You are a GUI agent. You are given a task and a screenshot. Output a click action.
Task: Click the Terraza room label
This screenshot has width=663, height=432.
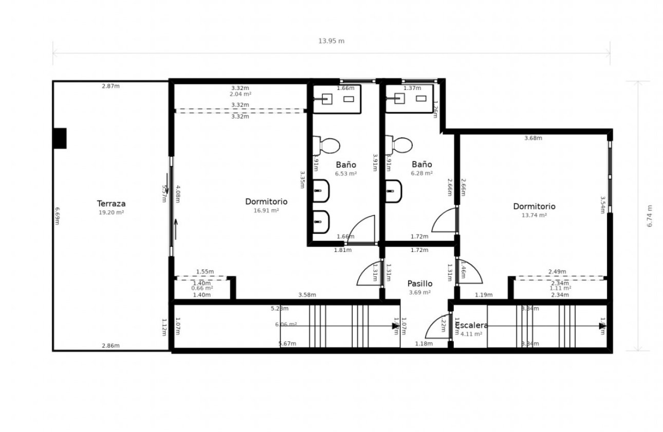(111, 204)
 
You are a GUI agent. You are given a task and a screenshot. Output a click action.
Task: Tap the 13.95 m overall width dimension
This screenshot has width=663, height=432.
(331, 41)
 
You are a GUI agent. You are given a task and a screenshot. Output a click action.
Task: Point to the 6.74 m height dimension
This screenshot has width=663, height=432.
(650, 216)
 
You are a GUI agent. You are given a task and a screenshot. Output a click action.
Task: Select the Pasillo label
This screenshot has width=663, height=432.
(420, 283)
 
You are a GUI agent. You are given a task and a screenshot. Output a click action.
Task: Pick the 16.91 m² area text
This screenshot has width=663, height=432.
(266, 210)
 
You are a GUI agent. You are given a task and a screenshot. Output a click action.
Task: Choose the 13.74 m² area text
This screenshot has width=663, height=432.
(534, 215)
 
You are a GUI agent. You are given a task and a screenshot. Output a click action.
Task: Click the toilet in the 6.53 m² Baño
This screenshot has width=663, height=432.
(327, 145)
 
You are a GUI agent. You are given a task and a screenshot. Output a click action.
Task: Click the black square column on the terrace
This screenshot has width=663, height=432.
(60, 138)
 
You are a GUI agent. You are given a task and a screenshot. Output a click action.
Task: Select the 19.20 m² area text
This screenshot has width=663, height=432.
(111, 212)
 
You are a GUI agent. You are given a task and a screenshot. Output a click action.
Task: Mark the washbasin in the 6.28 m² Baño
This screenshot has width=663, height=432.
(394, 191)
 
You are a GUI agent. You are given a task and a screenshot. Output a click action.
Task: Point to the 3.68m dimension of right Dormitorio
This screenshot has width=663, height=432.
(533, 138)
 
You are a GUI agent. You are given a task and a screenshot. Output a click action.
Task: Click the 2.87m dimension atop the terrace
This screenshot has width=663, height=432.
(110, 86)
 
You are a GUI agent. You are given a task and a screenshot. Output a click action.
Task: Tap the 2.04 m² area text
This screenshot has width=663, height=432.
(240, 94)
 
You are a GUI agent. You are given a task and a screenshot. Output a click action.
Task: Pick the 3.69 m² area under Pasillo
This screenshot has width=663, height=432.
(419, 293)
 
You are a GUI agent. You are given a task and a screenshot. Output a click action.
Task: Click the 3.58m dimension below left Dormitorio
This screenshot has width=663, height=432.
(307, 295)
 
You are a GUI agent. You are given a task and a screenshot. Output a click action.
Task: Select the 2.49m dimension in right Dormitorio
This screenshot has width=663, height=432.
(557, 272)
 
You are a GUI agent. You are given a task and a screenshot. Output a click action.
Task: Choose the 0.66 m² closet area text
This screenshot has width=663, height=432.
(202, 289)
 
